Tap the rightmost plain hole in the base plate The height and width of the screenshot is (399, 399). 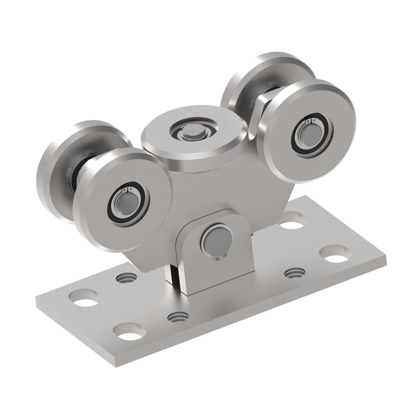pos(334,257)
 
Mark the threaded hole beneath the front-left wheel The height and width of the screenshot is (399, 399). pos(124,277)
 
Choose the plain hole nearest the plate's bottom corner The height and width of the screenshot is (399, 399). pos(129,334)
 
